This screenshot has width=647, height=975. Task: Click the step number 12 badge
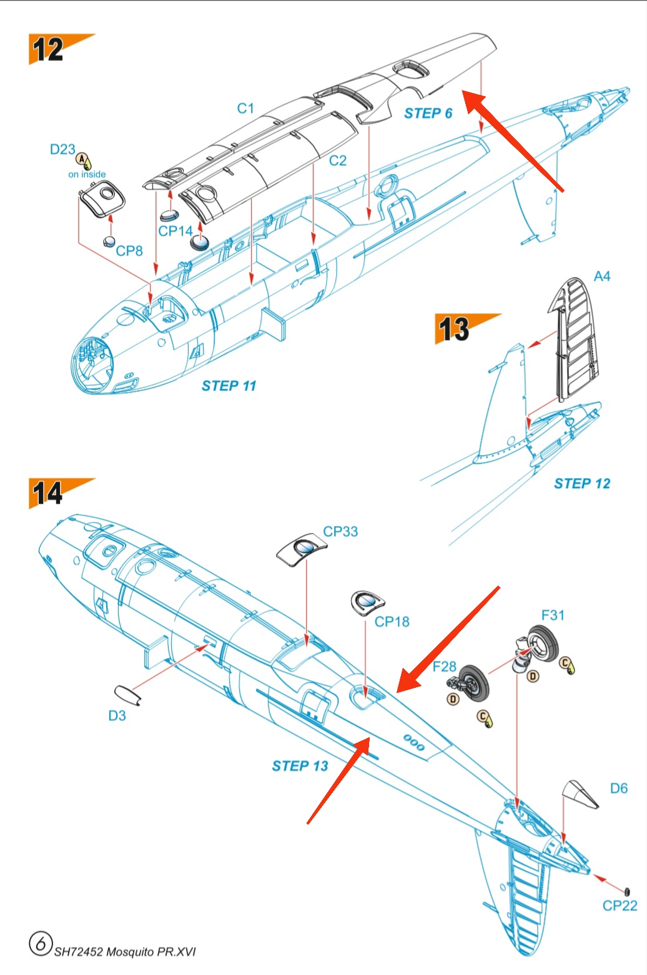[49, 49]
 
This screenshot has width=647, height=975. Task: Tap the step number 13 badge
[454, 328]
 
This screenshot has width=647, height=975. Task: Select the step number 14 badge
[48, 493]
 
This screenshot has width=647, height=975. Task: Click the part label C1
[245, 109]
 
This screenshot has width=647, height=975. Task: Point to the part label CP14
[175, 231]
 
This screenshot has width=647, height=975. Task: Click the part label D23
[62, 150]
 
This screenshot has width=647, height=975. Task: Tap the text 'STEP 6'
[428, 114]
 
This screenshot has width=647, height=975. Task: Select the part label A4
[602, 277]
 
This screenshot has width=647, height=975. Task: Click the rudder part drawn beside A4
[575, 337]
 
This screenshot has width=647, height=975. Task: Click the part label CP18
[392, 622]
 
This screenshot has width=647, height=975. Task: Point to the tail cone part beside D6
[580, 793]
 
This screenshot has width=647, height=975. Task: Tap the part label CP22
[620, 906]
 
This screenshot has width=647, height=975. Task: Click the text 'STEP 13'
[300, 767]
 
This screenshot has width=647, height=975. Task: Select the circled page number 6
[40, 943]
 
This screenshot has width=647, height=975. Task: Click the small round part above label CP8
[110, 242]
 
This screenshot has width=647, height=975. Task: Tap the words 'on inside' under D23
[87, 175]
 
